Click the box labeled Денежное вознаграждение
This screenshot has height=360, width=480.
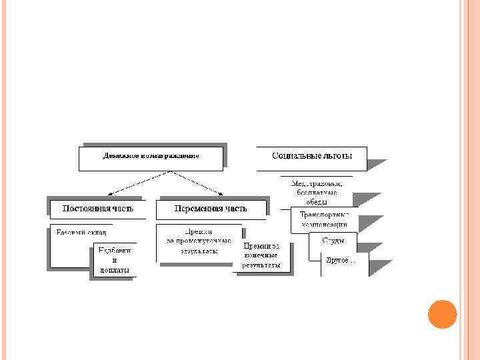pyautogui.click(x=152, y=156)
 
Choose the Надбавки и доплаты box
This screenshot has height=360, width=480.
pyautogui.click(x=114, y=261)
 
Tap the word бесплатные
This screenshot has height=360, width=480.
pyautogui.click(x=317, y=193)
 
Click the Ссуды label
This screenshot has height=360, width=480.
pyautogui.click(x=333, y=239)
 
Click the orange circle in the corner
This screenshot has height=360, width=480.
pyautogui.click(x=442, y=314)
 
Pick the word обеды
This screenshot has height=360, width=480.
pyautogui.click(x=317, y=203)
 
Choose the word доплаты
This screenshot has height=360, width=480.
pyautogui.click(x=114, y=270)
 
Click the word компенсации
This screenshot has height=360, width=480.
pyautogui.click(x=325, y=225)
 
